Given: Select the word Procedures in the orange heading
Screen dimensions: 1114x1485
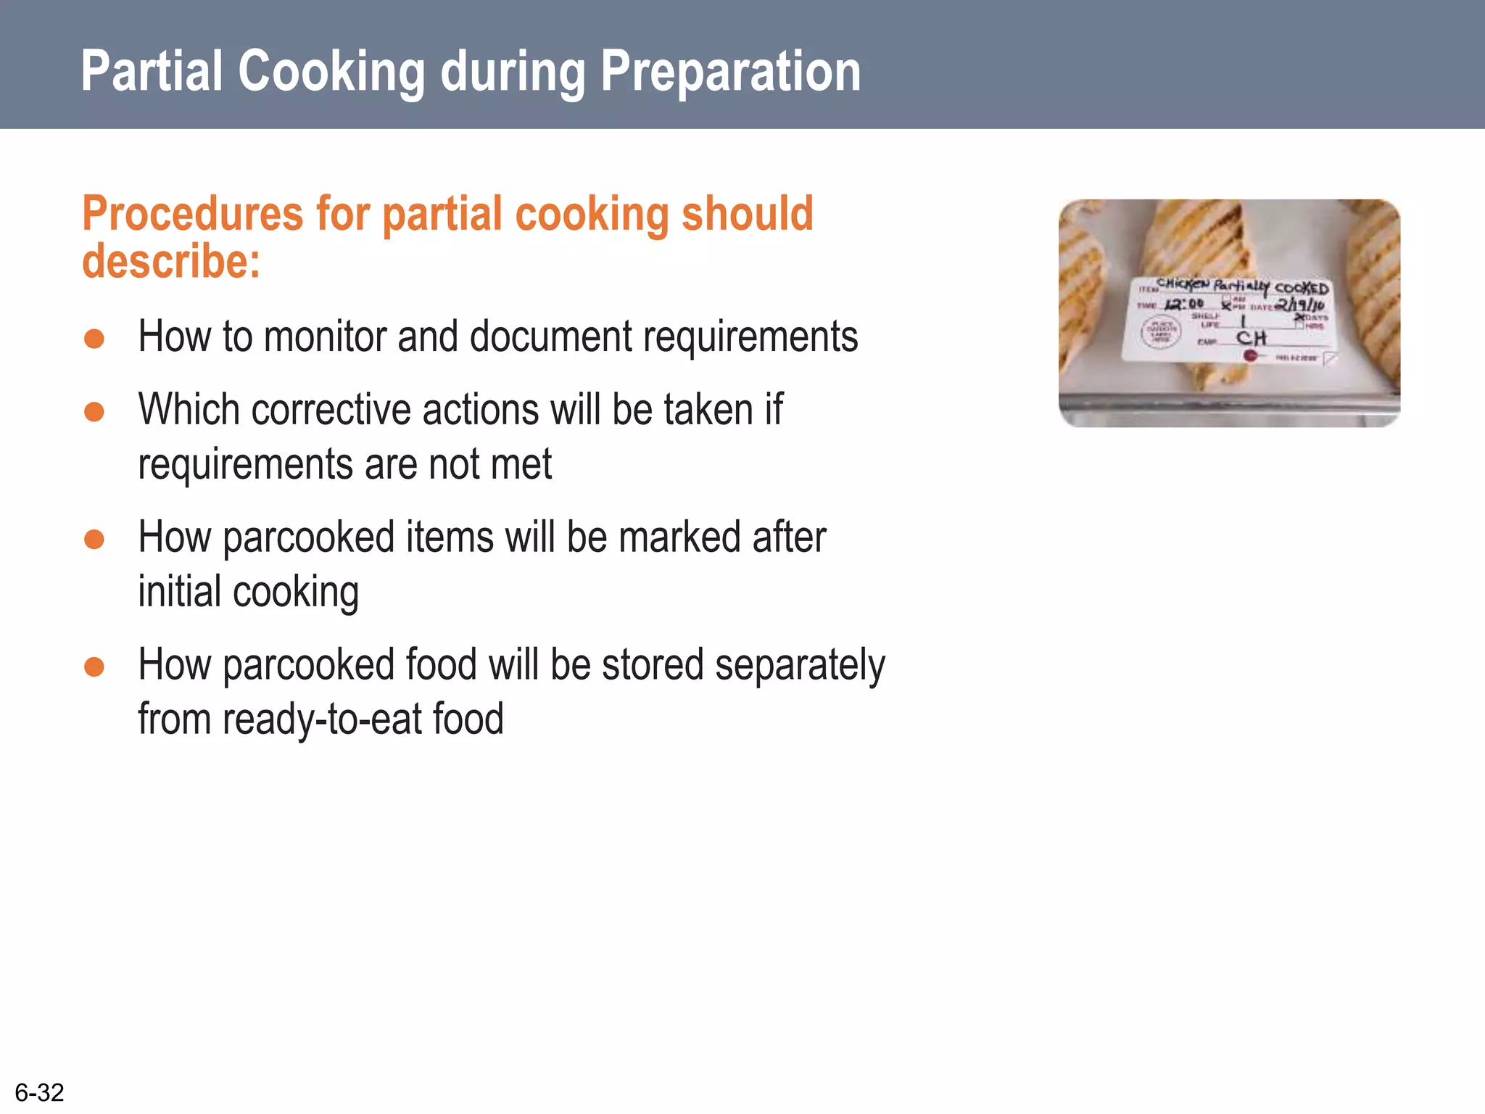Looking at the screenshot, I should coord(192,215).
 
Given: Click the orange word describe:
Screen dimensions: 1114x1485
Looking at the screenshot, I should coord(171,261).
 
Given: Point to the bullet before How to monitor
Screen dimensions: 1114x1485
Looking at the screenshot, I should coord(94,339).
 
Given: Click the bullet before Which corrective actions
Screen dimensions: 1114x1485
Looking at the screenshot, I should coord(94,412).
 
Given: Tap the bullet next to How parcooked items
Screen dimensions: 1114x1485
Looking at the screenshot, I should coord(94,540).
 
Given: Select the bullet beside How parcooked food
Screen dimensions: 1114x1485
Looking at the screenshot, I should coord(94,667).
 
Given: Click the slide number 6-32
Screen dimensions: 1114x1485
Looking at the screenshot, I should coord(40,1092).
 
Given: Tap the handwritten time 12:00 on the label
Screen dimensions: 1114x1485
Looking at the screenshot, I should coord(1184,304).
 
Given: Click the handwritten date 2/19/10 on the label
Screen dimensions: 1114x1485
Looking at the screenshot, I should coord(1300,305).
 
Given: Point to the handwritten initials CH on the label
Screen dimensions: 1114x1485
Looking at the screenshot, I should coord(1252,338).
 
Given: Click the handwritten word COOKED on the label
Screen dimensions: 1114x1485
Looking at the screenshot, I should coord(1302,288).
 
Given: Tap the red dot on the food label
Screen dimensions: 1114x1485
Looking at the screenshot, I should coord(1250,355).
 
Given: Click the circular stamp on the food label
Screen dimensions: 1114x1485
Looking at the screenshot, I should coord(1162,332).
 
